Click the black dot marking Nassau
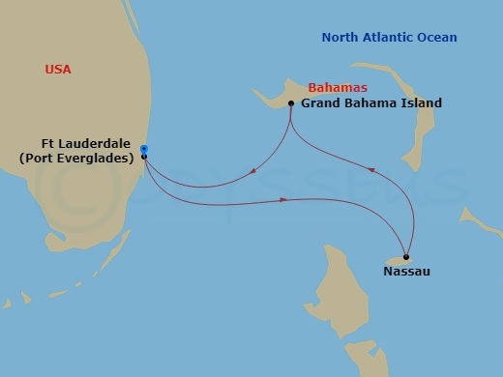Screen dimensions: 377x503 click(406, 257)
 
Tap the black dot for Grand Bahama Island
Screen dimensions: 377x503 click(291, 103)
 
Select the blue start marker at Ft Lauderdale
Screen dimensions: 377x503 click(143, 149)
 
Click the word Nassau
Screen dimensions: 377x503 click(406, 272)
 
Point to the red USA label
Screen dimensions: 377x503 click(58, 70)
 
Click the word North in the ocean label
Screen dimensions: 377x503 click(340, 38)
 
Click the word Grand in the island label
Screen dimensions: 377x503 click(320, 103)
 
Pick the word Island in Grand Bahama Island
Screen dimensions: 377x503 click(420, 103)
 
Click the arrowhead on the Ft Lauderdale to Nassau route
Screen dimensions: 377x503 click(283, 200)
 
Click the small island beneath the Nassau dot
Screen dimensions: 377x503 click(398, 261)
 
